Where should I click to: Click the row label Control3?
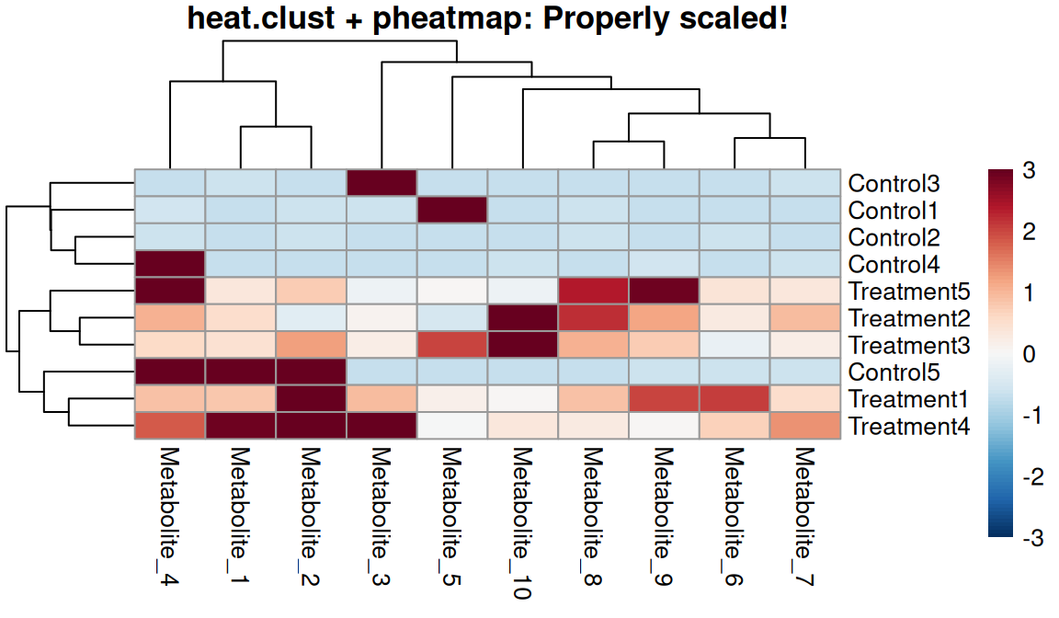pos(894,184)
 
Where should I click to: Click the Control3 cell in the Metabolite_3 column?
pos(381,184)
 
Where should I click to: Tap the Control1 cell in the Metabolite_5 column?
pos(452,211)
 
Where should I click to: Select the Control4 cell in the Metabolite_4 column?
pos(170,265)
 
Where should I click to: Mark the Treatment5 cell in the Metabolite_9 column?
pos(664,292)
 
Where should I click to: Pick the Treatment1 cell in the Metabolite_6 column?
pos(734,399)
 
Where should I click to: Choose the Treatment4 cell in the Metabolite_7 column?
pos(805,426)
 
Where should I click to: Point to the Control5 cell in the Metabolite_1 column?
pos(241,372)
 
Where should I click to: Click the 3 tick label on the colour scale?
pos(1028,171)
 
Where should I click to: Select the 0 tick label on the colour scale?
pos(1028,355)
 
